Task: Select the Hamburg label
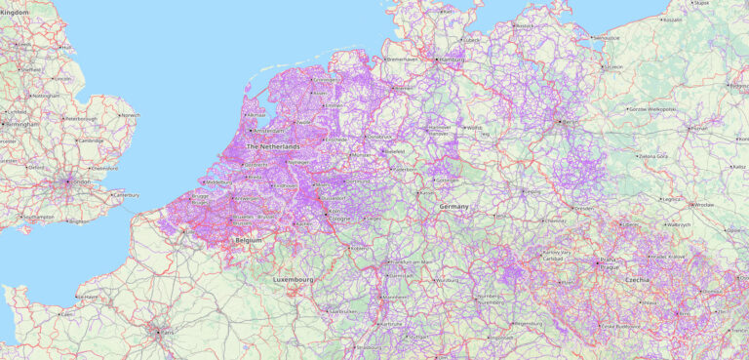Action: (453, 60)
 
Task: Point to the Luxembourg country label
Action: (294, 279)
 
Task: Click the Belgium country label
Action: (249, 239)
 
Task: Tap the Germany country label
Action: (453, 207)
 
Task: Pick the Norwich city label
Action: (131, 115)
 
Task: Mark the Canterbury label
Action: (127, 195)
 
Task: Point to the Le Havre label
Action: (88, 297)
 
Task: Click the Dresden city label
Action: (584, 209)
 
